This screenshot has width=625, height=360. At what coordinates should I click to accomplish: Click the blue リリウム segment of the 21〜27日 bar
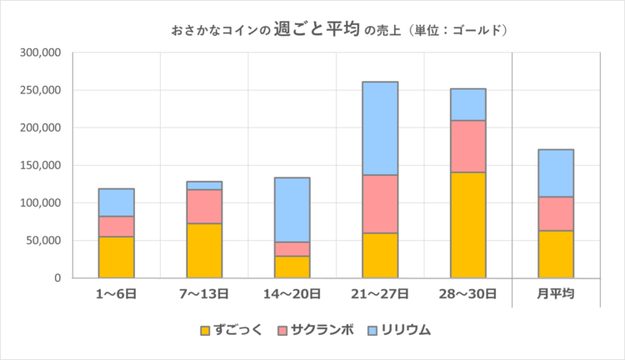380,128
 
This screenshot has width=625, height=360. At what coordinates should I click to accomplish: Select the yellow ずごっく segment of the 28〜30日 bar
467,225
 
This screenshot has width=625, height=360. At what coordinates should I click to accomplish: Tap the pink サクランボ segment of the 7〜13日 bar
204,207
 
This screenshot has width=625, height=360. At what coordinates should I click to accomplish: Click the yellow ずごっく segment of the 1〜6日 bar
116,257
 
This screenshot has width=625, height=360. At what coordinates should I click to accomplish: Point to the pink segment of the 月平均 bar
556,213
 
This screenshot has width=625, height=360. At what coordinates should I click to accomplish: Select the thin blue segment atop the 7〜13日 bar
204,185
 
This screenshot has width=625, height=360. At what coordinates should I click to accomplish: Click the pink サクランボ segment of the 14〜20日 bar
292,249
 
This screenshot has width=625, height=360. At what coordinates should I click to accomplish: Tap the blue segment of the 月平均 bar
556,173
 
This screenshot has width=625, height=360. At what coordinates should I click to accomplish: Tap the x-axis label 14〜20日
292,294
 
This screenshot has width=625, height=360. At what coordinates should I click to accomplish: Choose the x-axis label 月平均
556,294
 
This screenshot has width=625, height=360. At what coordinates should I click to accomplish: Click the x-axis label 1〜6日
116,294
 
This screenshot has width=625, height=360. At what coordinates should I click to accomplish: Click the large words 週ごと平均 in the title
317,30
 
